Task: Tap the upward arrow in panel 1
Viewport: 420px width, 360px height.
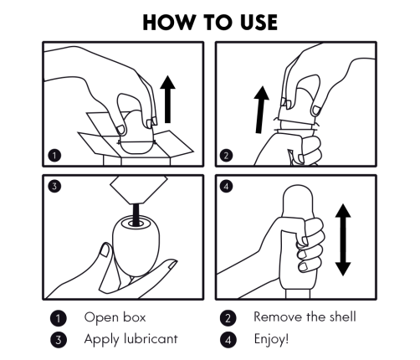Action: (x=167, y=99)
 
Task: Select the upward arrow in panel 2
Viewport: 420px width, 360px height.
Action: (x=261, y=110)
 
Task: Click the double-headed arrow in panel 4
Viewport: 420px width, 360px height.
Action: (x=343, y=239)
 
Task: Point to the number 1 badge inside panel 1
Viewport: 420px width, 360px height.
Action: (x=54, y=156)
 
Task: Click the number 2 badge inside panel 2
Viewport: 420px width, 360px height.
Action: (x=226, y=156)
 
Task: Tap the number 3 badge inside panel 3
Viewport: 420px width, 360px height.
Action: (x=54, y=186)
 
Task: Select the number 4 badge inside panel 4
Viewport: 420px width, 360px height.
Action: (x=226, y=186)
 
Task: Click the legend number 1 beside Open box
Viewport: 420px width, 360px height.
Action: (x=59, y=318)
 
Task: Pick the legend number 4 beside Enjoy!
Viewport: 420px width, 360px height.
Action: (x=228, y=340)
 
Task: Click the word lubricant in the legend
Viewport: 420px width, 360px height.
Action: (x=151, y=339)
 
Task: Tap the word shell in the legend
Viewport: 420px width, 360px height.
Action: (x=343, y=316)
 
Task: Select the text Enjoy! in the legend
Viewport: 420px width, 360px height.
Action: (x=271, y=340)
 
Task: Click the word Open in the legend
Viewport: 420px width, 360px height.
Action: (x=100, y=318)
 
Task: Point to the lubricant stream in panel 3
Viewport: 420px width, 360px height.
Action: (x=136, y=214)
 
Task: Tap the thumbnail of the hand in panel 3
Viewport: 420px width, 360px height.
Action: (x=105, y=250)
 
